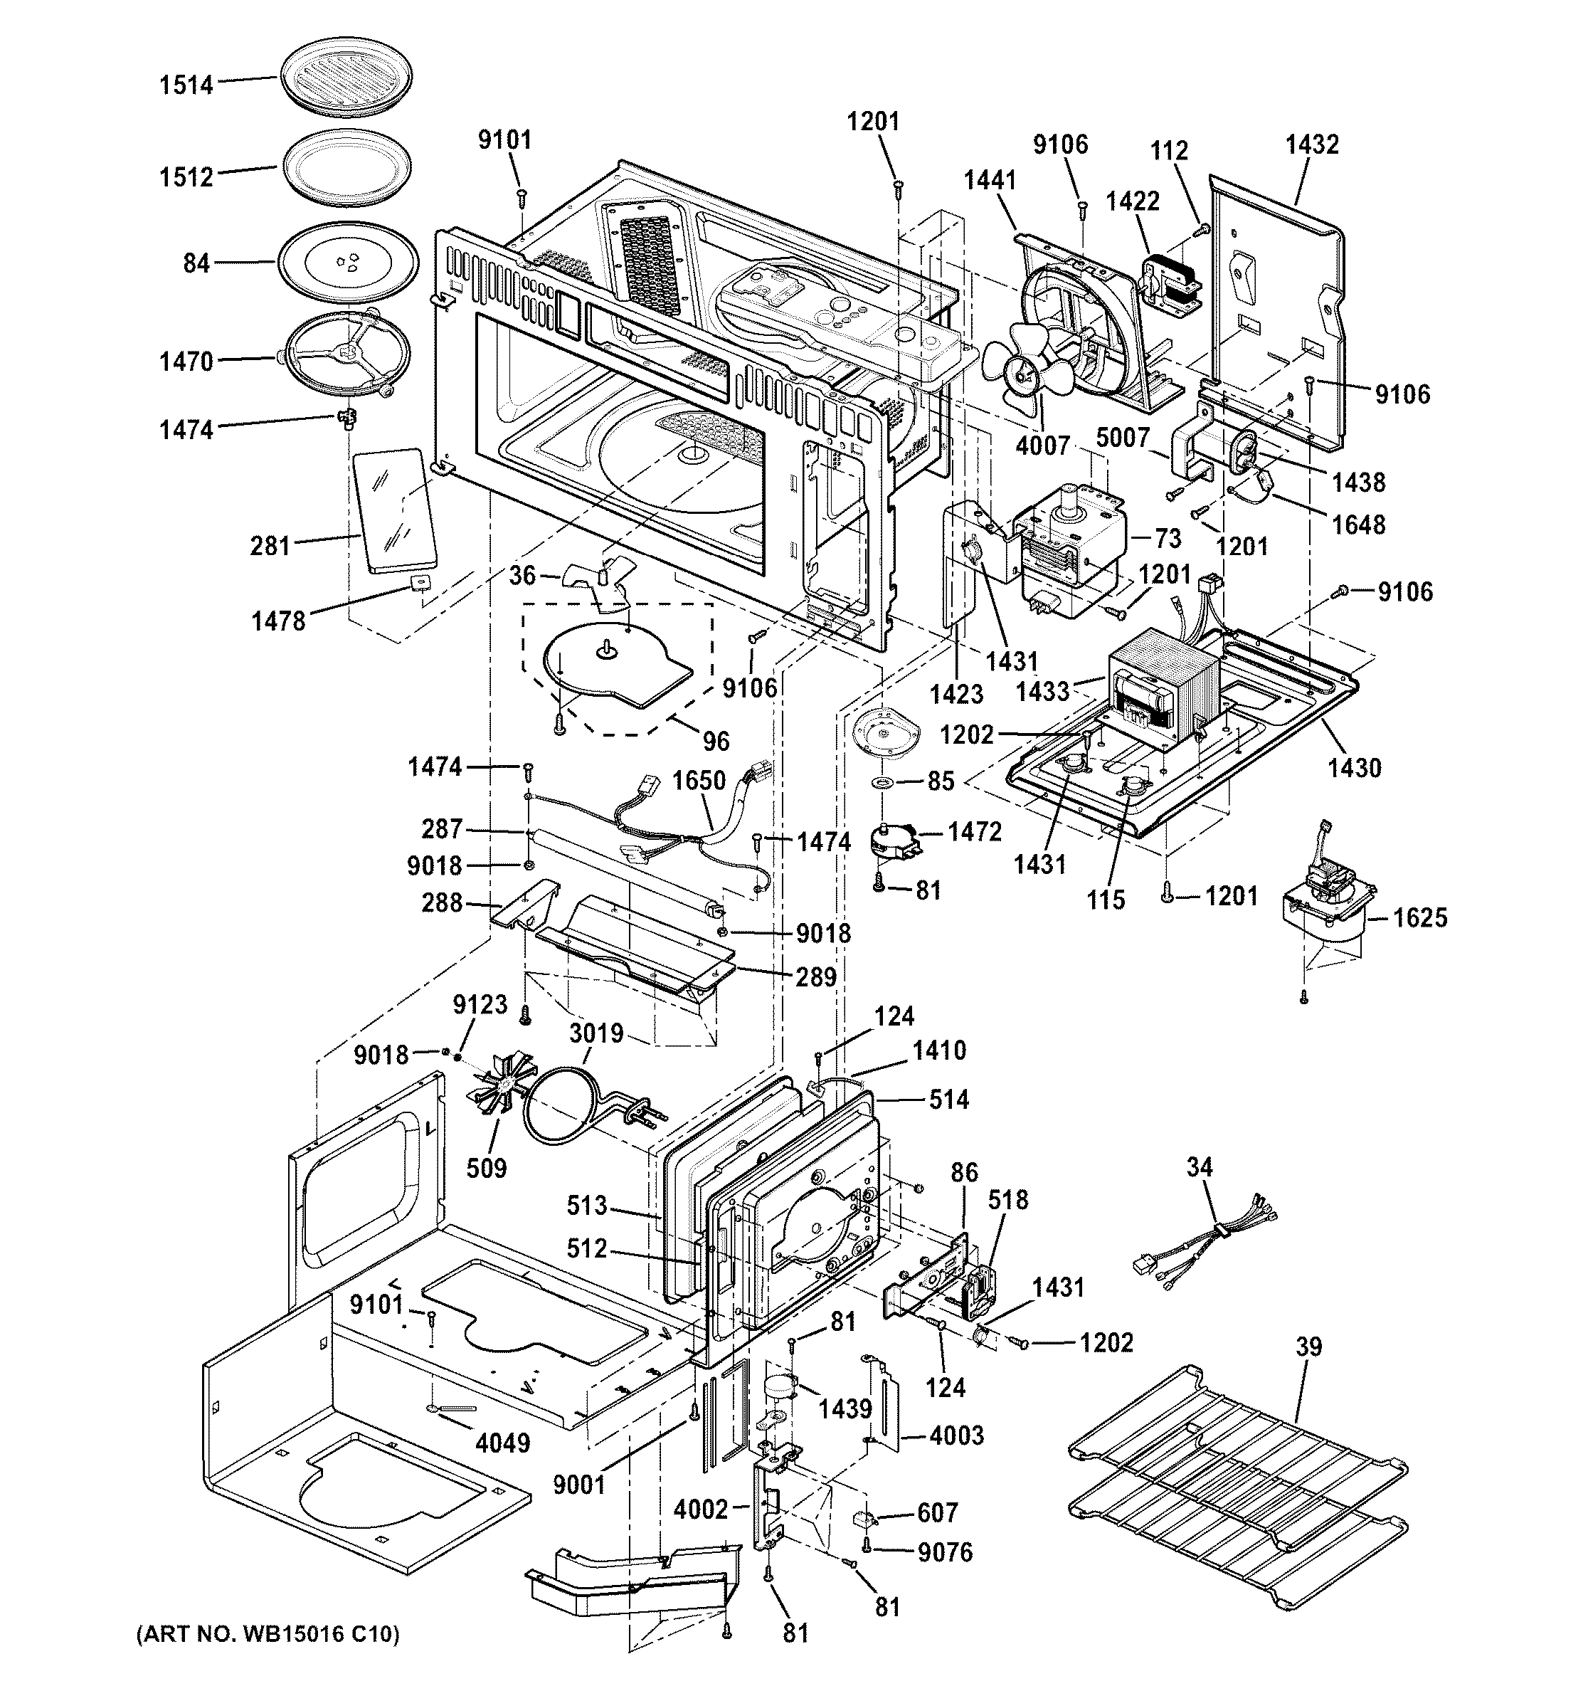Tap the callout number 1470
[x=186, y=362]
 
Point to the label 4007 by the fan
[x=1043, y=444]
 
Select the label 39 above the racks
[x=1308, y=1347]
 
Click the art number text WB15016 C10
[x=268, y=1633]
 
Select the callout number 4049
[x=502, y=1443]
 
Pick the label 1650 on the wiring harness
[x=699, y=781]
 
